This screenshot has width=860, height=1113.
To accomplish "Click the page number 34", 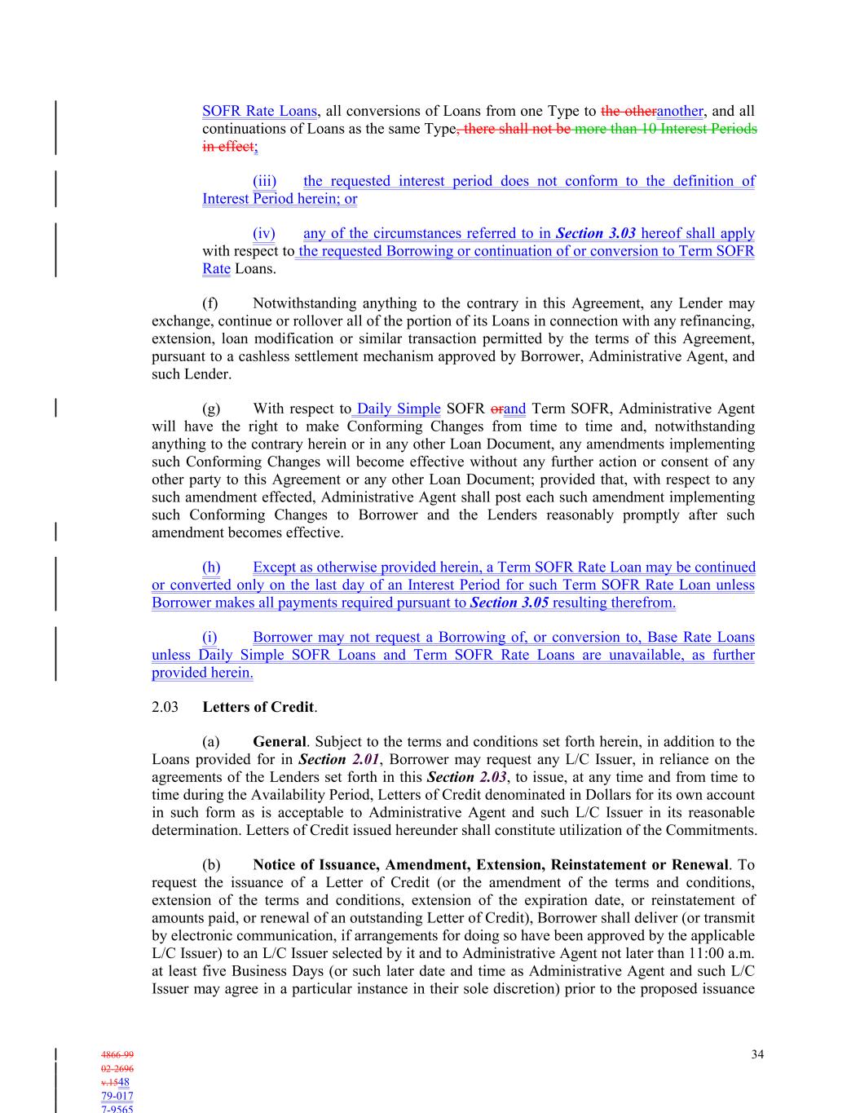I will coord(757,1054).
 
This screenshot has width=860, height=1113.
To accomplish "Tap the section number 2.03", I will coord(165,707).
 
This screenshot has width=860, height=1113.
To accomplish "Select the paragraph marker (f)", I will coord(210,303).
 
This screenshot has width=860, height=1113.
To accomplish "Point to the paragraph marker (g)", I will coord(210,409).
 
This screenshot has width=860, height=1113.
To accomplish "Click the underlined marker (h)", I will coord(211,567).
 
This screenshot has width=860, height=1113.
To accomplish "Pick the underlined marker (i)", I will coord(209,637).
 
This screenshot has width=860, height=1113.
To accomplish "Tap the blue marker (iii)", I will coord(264,181).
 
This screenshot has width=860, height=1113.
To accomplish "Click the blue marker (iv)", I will coord(263,233).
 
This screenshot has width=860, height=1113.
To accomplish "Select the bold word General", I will coord(279,742).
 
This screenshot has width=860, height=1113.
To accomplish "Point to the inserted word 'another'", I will coord(679,111).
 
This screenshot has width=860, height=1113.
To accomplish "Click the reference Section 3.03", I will coord(596,233).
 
